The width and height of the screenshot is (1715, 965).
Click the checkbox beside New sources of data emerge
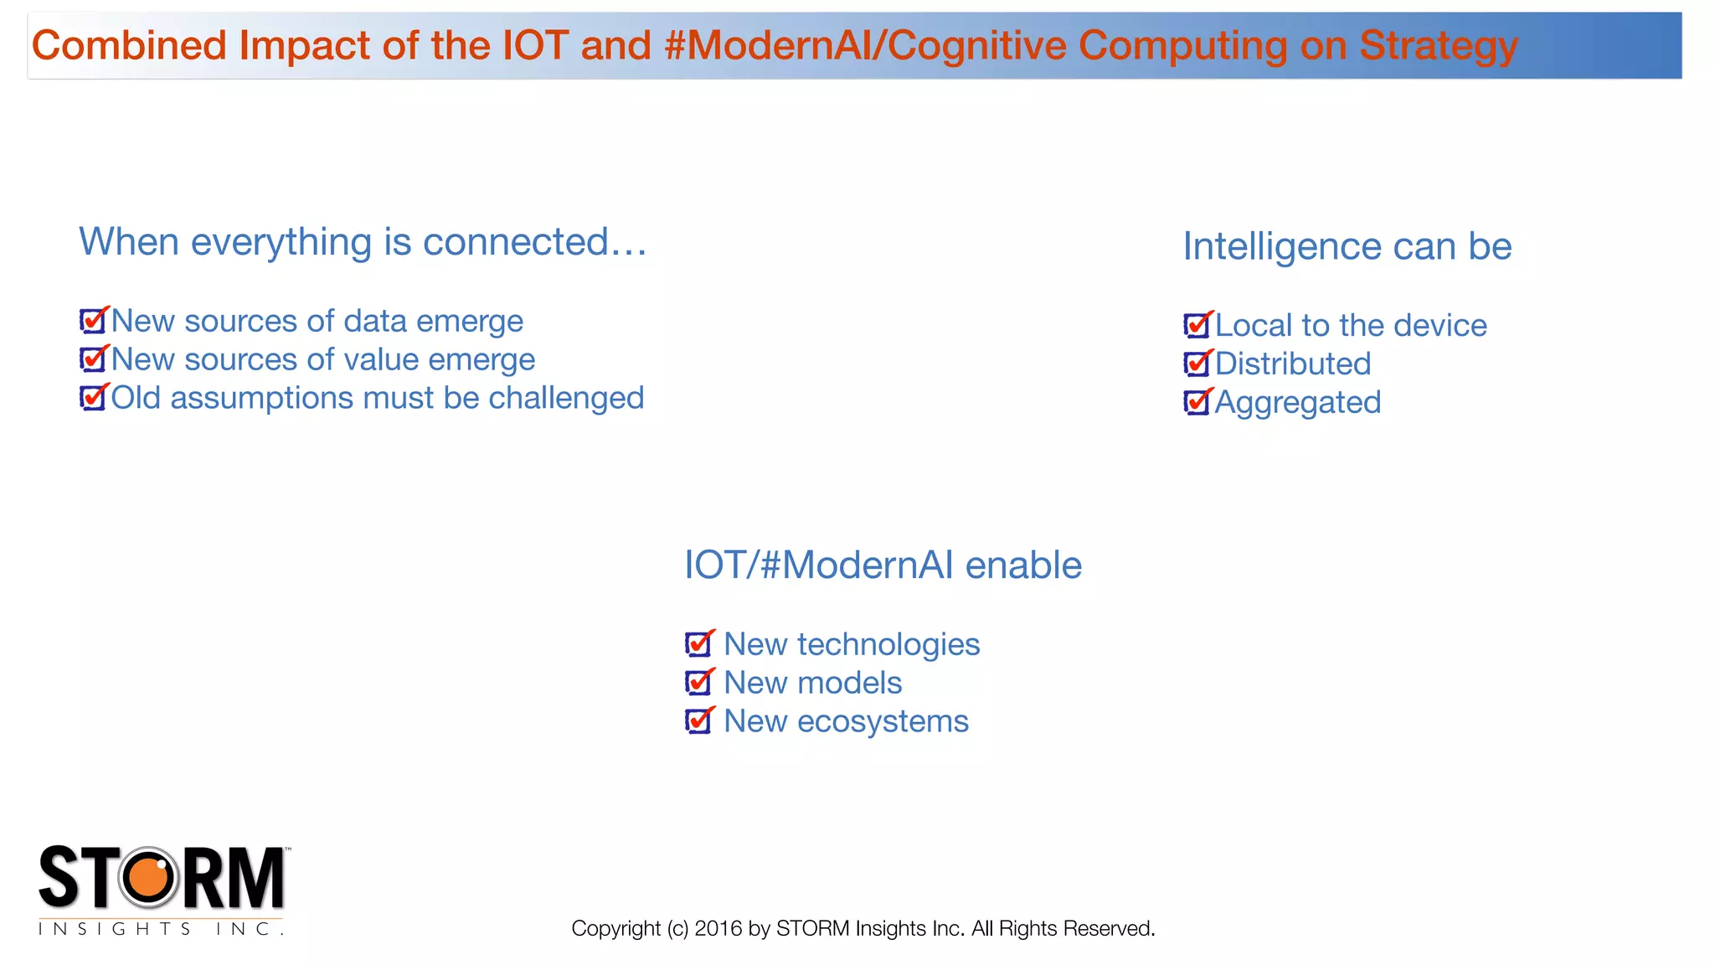click(x=92, y=321)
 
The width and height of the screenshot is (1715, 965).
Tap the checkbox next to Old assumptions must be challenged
click(x=92, y=398)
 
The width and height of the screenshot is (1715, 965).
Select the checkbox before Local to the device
click(x=1196, y=325)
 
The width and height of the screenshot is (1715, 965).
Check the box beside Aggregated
click(x=1196, y=403)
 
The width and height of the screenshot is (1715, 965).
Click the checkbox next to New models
click(x=698, y=683)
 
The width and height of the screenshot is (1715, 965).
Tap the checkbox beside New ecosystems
click(x=698, y=721)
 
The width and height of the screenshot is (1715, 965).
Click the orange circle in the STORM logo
click(x=149, y=878)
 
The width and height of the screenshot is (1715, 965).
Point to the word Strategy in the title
click(x=1438, y=46)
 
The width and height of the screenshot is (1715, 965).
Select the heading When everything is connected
click(x=363, y=242)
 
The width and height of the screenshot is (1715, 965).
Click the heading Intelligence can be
click(x=1347, y=247)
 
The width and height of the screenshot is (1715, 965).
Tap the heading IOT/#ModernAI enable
click(x=883, y=565)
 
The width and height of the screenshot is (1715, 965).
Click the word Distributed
click(x=1293, y=364)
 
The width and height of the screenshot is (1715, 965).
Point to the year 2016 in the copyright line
click(x=718, y=928)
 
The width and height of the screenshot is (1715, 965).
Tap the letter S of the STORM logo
click(x=59, y=877)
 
